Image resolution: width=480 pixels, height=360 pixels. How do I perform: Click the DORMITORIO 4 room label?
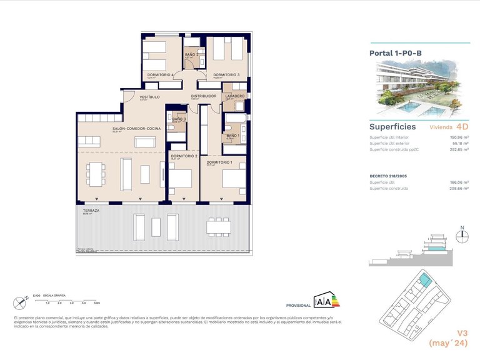click(160, 75)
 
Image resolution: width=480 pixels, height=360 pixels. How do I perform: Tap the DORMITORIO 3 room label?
click(226, 75)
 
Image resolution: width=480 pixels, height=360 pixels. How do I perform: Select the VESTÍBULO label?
click(149, 97)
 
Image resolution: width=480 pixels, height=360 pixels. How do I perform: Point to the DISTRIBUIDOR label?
click(203, 96)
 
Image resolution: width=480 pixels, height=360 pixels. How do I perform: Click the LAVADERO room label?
click(235, 96)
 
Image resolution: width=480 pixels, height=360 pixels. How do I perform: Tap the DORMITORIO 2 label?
click(184, 156)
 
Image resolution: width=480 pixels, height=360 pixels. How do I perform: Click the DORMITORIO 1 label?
click(219, 162)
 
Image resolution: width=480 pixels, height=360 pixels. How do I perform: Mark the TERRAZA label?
click(91, 211)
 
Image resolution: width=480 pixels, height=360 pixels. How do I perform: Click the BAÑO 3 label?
click(179, 119)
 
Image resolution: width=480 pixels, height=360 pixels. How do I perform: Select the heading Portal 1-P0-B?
click(396, 54)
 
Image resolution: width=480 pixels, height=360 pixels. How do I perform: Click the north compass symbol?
click(462, 236)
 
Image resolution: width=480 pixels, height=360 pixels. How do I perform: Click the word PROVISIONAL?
click(298, 306)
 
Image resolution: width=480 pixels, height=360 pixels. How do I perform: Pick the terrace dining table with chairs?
click(218, 226)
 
